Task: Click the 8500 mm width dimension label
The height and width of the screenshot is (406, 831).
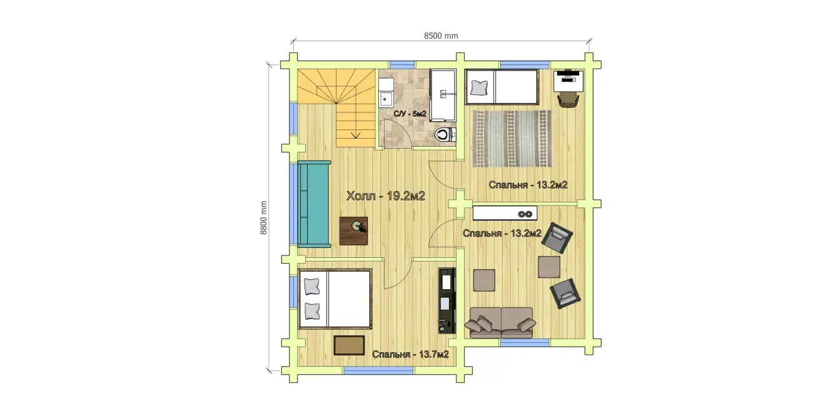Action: tap(441, 36)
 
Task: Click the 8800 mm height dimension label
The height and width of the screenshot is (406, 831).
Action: tap(263, 218)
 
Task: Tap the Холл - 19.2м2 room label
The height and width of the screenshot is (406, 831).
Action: tap(385, 196)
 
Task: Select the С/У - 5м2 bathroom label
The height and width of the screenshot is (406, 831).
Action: tap(410, 114)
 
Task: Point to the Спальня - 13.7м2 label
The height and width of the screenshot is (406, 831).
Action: tap(410, 355)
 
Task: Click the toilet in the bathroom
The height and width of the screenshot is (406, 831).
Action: tap(445, 134)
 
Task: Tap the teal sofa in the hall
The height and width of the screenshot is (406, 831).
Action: tap(314, 204)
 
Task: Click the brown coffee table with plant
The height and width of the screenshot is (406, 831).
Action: tap(353, 230)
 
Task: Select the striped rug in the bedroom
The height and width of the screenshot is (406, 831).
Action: tap(512, 139)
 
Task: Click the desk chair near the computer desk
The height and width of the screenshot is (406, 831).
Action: tap(568, 101)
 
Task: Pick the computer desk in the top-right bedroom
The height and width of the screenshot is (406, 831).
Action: tap(568, 81)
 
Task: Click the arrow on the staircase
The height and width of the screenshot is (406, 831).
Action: tap(356, 135)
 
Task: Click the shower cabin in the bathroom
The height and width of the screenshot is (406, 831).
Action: tap(443, 96)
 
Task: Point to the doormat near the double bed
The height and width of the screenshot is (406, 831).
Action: tap(349, 345)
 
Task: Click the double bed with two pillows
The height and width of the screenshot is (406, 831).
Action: tap(335, 299)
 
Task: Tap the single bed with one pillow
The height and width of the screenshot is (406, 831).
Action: tap(502, 87)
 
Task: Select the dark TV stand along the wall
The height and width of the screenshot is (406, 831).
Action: tap(447, 300)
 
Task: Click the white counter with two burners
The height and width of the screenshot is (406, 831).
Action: tap(505, 213)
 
